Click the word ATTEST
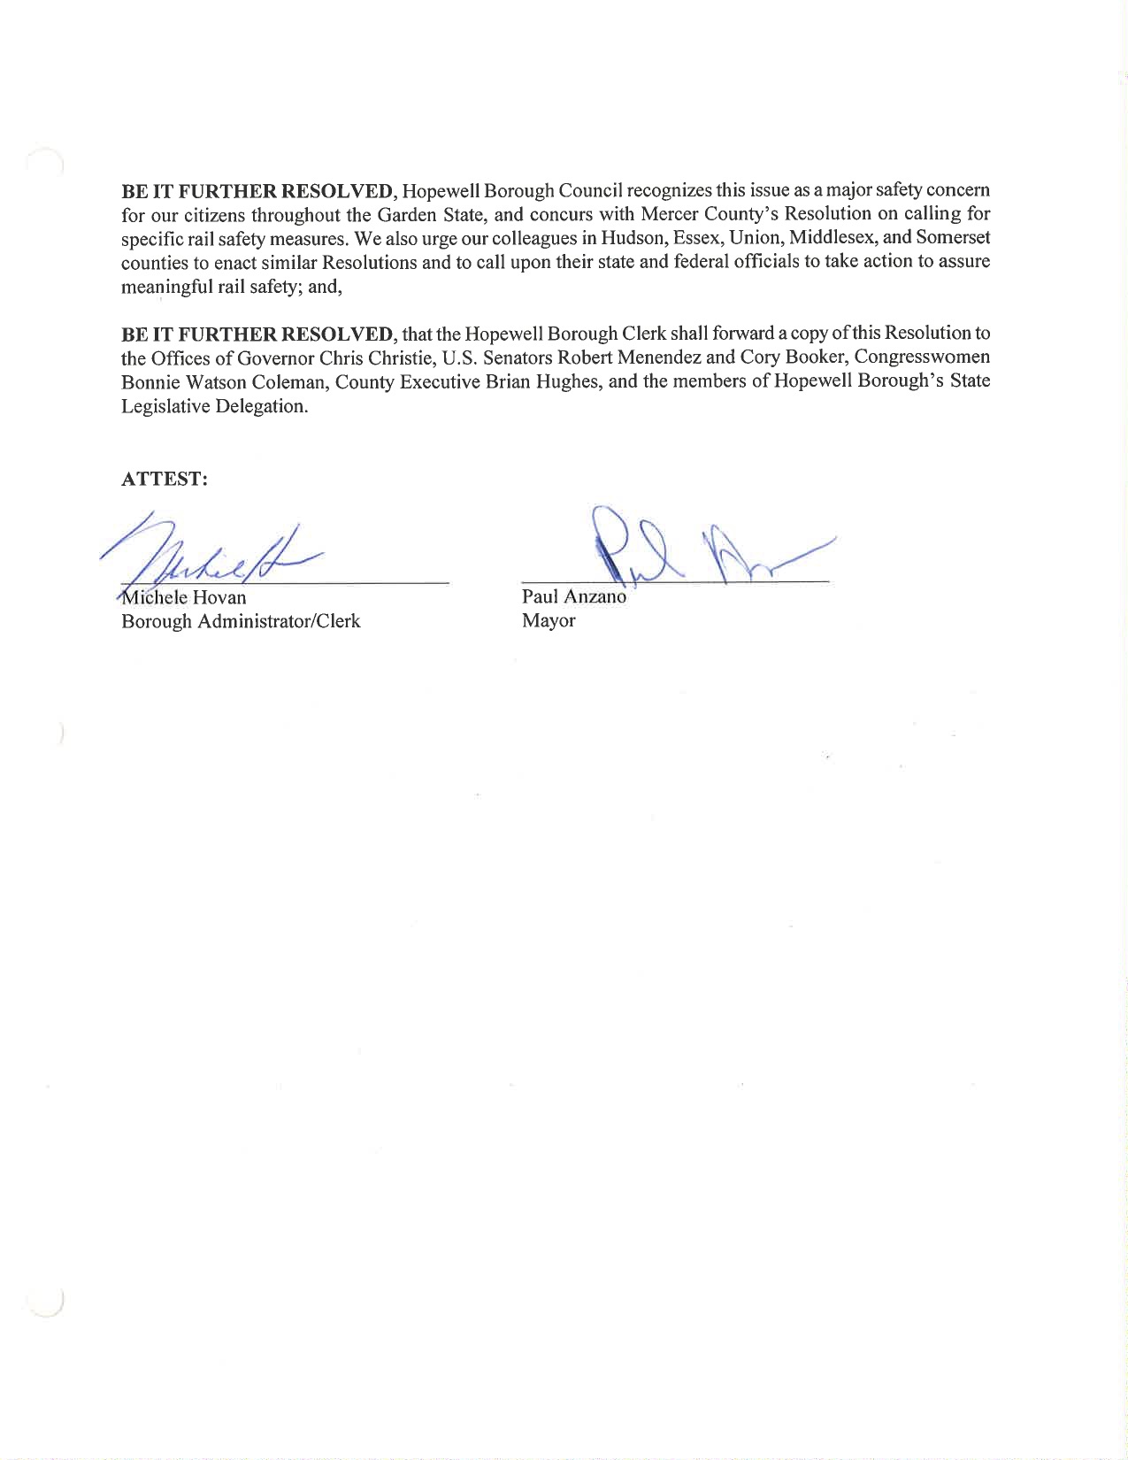164,479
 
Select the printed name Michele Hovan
184,597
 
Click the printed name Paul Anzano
573,596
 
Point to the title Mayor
549,620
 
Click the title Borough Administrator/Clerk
241,621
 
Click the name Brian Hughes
542,381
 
